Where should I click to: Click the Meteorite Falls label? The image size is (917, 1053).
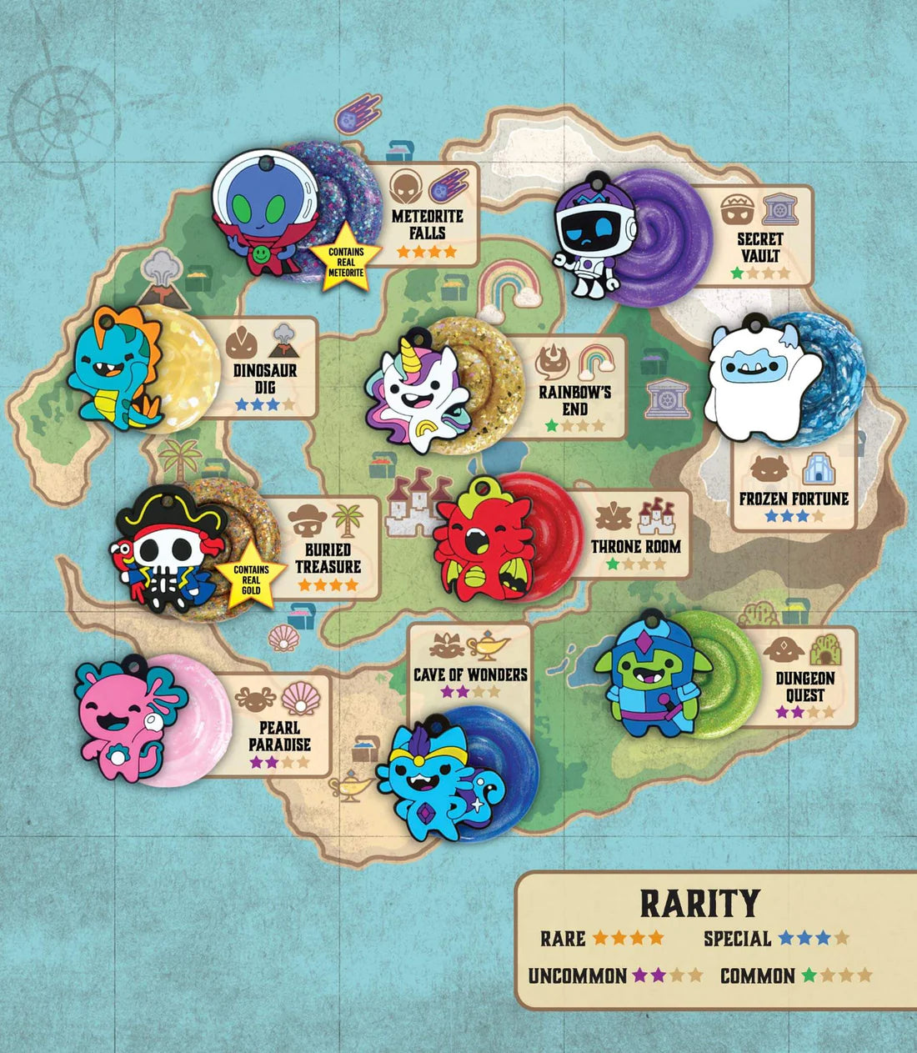tap(427, 224)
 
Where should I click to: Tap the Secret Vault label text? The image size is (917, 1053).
tap(759, 247)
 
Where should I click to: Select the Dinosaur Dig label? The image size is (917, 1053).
tap(265, 379)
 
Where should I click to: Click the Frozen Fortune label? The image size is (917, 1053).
tap(794, 499)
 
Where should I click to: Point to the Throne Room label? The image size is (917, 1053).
tap(636, 547)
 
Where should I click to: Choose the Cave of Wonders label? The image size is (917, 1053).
tap(470, 674)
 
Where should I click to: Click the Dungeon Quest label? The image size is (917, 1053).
tap(804, 686)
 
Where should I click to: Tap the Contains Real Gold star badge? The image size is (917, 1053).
tap(251, 578)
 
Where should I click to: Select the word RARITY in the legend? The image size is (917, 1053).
tap(699, 903)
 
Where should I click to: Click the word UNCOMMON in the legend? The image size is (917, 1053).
tap(577, 975)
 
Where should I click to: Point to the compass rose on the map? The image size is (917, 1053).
tap(63, 108)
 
